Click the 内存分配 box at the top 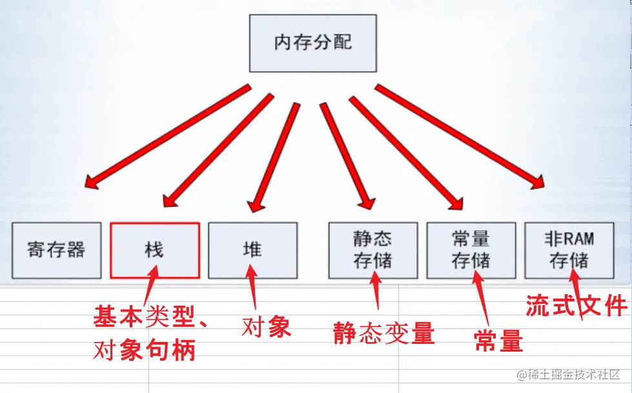(x=313, y=44)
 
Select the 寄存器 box (x=57, y=250)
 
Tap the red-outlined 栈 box (x=155, y=250)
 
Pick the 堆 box (x=253, y=250)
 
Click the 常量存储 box (x=471, y=250)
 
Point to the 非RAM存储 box (x=569, y=250)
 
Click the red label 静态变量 (x=384, y=333)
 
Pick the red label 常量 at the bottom (x=498, y=341)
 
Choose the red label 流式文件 (x=576, y=305)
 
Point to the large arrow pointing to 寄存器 (x=168, y=137)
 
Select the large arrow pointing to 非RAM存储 (x=459, y=136)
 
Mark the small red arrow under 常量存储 (x=481, y=298)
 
